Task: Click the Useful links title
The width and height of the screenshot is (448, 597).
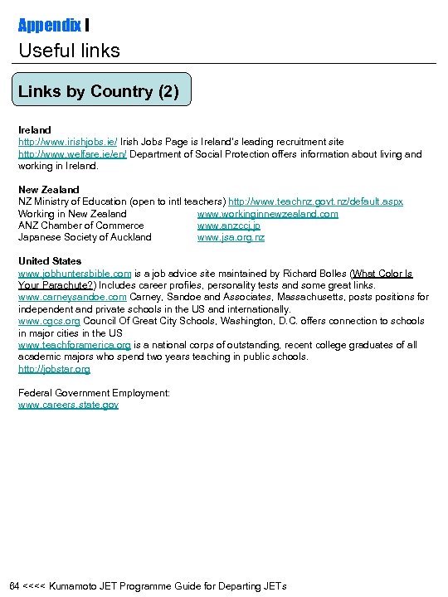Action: pyautogui.click(x=70, y=51)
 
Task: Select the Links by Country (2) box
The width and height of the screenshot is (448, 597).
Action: pyautogui.click(x=101, y=91)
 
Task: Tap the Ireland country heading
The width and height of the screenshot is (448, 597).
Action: pyautogui.click(x=35, y=130)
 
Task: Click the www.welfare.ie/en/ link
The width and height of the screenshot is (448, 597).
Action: pyautogui.click(x=73, y=154)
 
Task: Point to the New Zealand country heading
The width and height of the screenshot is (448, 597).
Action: pyautogui.click(x=49, y=190)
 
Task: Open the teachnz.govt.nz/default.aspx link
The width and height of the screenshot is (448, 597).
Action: pyautogui.click(x=315, y=201)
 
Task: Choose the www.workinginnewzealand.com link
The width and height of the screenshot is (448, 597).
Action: pyautogui.click(x=267, y=214)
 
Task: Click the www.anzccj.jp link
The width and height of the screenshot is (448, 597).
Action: pyautogui.click(x=229, y=226)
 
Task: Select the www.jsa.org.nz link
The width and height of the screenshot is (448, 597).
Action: pyautogui.click(x=231, y=237)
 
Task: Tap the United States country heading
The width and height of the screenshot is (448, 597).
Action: pyautogui.click(x=50, y=261)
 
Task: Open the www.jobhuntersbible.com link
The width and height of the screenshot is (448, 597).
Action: pyautogui.click(x=75, y=273)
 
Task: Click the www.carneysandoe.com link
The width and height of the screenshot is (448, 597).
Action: pyautogui.click(x=72, y=297)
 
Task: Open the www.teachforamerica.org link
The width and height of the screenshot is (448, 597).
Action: pyautogui.click(x=75, y=345)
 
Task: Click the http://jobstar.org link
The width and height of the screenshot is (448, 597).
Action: pyautogui.click(x=55, y=369)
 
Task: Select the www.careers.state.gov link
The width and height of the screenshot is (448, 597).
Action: pyautogui.click(x=68, y=405)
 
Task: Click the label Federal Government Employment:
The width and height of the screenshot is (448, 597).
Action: pyautogui.click(x=94, y=393)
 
